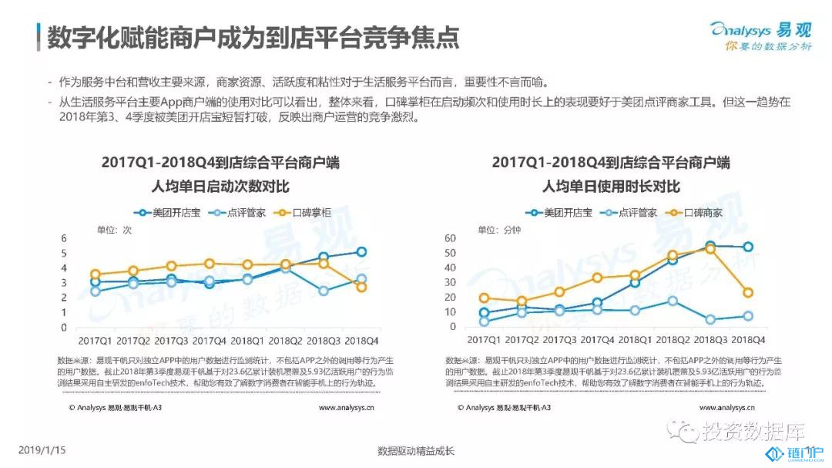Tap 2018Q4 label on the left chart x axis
point(361,340)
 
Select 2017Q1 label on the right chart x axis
point(484,340)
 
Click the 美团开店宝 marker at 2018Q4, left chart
point(361,251)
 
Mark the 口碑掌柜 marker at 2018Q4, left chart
point(361,287)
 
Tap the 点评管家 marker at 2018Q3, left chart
point(324,291)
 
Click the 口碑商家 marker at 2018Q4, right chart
point(747,293)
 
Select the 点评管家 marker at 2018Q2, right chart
point(673,301)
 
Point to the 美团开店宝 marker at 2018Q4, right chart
point(747,247)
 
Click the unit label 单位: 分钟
point(499,229)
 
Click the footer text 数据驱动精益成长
point(417,451)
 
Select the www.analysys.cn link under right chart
point(727,407)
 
